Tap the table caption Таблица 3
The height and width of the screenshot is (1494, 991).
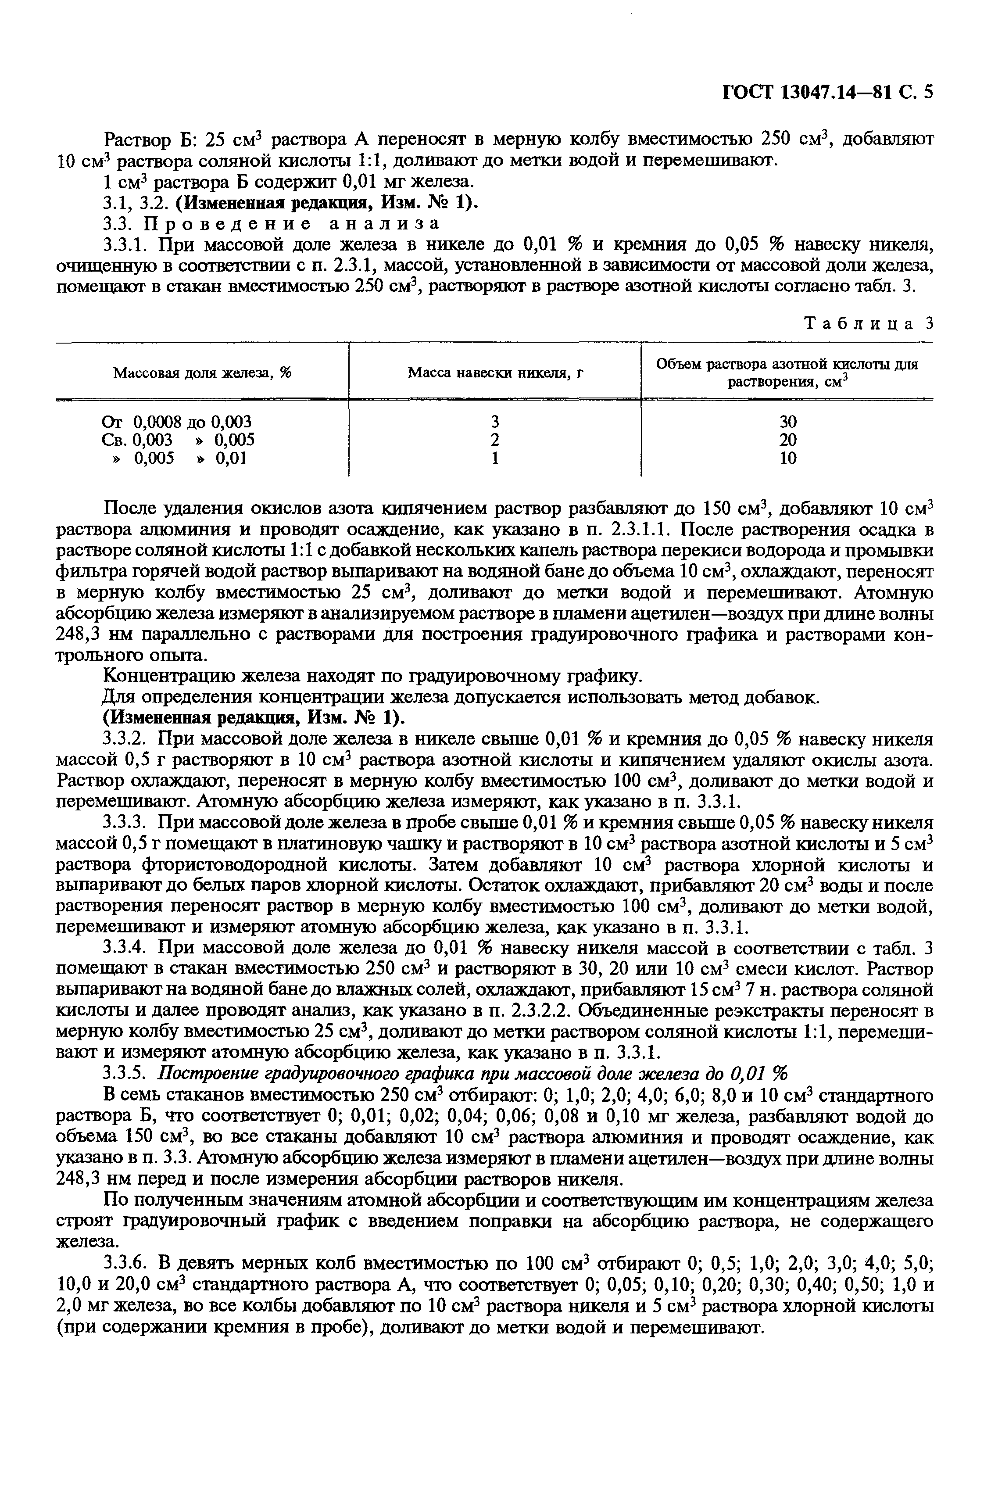(868, 323)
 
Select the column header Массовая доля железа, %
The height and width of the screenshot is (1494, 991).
(202, 373)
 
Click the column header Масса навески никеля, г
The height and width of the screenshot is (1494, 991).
(495, 373)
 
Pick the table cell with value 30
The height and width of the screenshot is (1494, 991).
(787, 422)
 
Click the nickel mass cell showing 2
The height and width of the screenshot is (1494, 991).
(495, 440)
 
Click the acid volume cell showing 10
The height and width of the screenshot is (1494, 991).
(787, 458)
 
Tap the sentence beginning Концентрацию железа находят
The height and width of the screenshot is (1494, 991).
(372, 677)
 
